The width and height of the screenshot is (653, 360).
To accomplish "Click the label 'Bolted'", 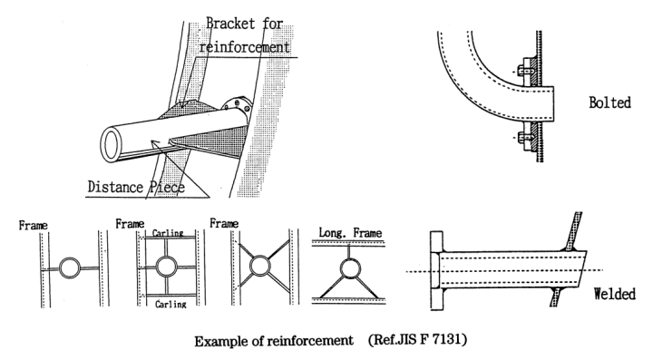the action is (x=609, y=102).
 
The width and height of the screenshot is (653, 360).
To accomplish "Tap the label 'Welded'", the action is (x=614, y=294).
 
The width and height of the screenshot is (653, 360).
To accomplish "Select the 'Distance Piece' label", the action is (x=136, y=187).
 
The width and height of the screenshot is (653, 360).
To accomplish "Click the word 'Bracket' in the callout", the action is (x=230, y=23).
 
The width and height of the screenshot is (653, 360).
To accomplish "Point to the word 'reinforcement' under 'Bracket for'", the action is (x=245, y=47).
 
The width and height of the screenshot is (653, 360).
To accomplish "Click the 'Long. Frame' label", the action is (x=350, y=233).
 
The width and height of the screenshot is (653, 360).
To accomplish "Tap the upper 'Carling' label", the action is (x=168, y=233).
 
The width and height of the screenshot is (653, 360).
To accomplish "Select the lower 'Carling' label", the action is (x=171, y=304).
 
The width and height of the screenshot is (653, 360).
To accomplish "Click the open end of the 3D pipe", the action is (x=111, y=144).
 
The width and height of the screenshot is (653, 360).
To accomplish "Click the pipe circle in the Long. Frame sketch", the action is (x=350, y=268).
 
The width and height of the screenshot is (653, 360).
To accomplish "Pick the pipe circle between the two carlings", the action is (x=167, y=267).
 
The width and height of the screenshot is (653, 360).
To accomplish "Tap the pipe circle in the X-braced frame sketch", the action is (x=259, y=266).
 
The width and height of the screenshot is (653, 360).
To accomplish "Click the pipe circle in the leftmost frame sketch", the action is (x=70, y=268).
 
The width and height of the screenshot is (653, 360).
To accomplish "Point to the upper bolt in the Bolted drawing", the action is (x=525, y=72).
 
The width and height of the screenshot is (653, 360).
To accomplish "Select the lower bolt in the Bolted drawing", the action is (x=525, y=137).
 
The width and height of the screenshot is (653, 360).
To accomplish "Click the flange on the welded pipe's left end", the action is (x=436, y=270).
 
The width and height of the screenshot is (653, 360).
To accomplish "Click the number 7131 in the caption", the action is (x=448, y=340).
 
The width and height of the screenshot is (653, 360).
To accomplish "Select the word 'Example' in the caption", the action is (x=221, y=341).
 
